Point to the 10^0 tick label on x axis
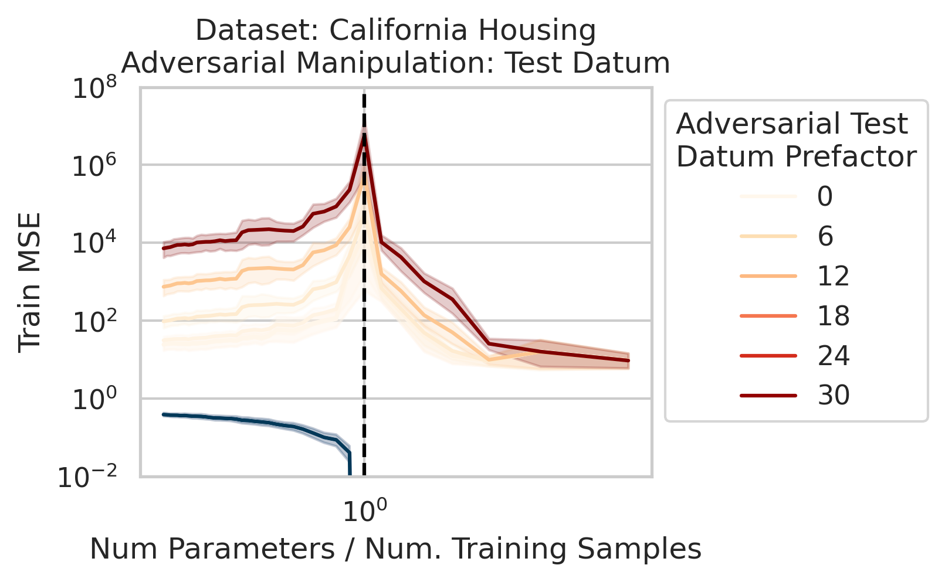(364, 511)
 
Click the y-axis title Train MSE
(29, 283)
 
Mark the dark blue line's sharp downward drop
(350, 463)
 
